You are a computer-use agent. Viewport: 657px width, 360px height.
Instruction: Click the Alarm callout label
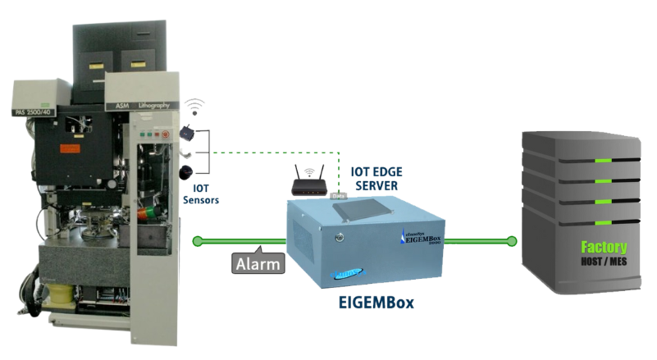pyautogui.click(x=256, y=263)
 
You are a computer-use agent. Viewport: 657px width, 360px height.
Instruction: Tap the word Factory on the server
pyautogui.click(x=603, y=246)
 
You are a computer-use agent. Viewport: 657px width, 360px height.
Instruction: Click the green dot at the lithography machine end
pyautogui.click(x=197, y=241)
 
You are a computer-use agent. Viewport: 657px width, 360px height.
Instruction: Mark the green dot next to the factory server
pyautogui.click(x=512, y=241)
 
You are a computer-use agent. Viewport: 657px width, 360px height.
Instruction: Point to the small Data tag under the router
pyautogui.click(x=336, y=196)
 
